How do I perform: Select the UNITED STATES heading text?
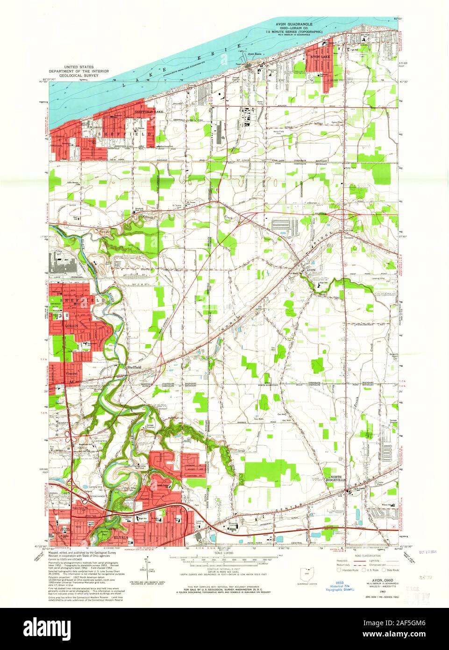pyautogui.click(x=81, y=67)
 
